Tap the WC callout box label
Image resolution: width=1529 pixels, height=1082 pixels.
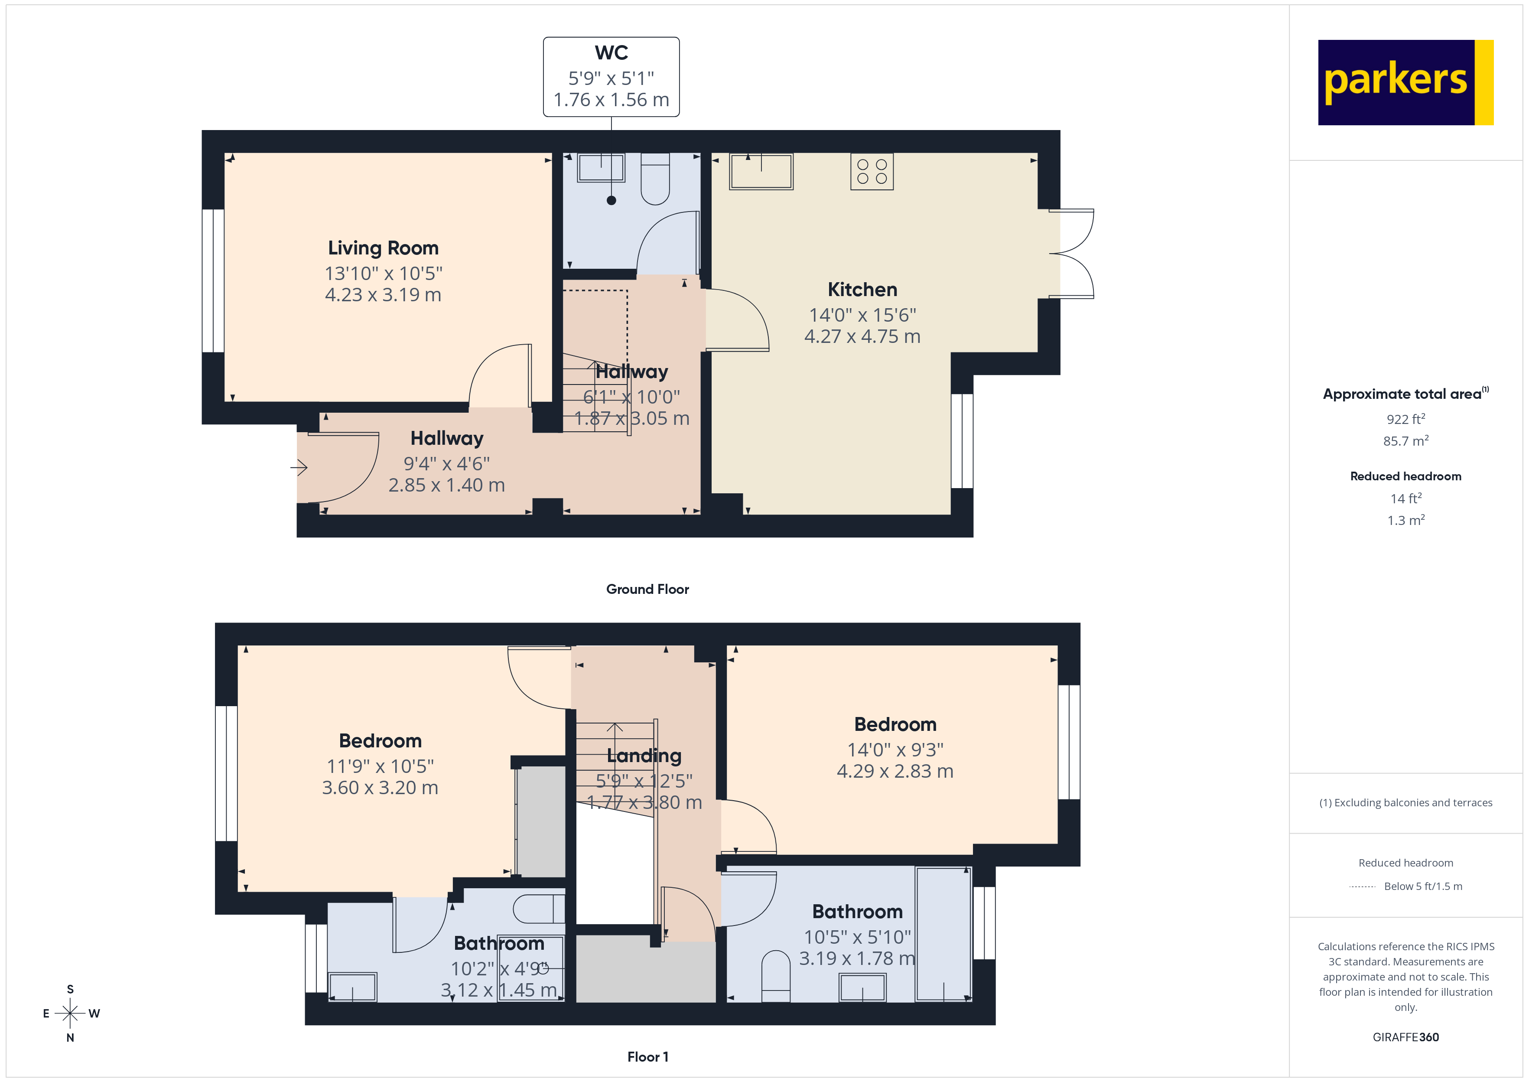coord(611,52)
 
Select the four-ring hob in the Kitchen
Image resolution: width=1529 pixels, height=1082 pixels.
coord(871,171)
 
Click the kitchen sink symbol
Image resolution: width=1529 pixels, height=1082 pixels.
coord(761,171)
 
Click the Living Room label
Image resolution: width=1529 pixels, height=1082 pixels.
coord(383,248)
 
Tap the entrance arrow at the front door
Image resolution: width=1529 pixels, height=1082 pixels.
coord(299,468)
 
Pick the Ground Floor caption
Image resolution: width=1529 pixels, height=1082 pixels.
coord(647,589)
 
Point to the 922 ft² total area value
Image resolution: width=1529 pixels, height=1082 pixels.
coord(1405,419)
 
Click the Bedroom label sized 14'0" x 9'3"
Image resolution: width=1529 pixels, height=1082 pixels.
coord(895,724)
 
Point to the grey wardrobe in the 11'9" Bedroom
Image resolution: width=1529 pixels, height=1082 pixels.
coord(541,821)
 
